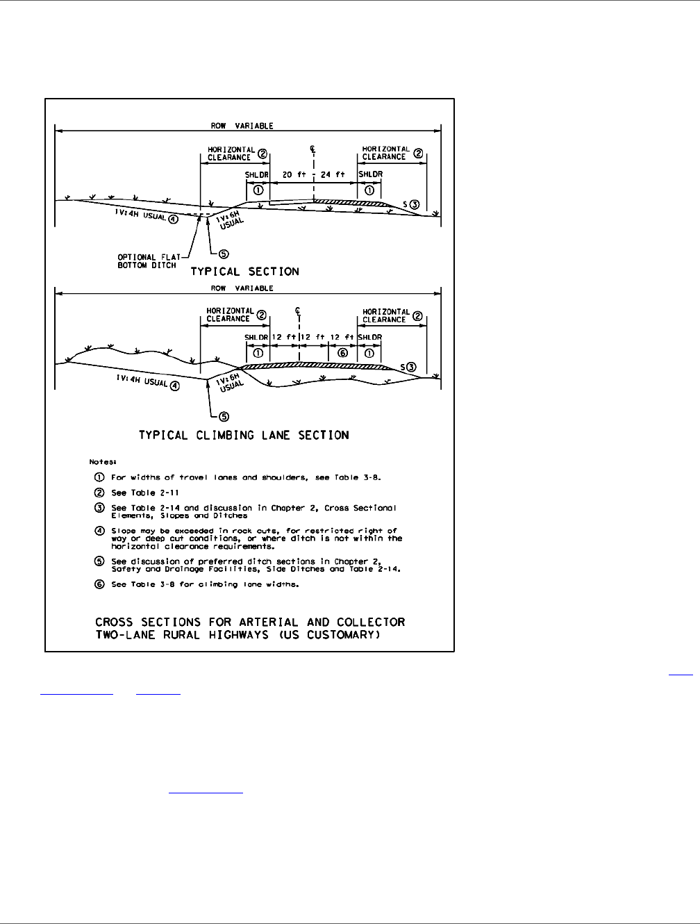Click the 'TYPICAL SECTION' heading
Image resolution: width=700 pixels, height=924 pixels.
tap(244, 272)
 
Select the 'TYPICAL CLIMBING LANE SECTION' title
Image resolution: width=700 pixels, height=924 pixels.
tap(244, 435)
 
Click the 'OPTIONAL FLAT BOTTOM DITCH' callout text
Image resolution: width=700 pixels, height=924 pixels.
tap(148, 261)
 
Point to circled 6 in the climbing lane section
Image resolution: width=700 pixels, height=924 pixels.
tap(342, 353)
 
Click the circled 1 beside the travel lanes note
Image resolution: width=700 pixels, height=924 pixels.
tap(99, 478)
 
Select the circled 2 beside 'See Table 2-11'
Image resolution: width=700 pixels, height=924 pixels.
tap(99, 493)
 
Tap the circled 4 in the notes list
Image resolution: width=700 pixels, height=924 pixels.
tap(99, 531)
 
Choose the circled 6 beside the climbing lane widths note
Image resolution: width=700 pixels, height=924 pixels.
tap(99, 584)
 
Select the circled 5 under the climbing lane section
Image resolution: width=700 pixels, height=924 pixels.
tap(224, 416)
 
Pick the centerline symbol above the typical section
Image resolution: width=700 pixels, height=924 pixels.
tap(315, 149)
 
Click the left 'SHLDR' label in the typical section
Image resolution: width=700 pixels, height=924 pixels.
tap(256, 174)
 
